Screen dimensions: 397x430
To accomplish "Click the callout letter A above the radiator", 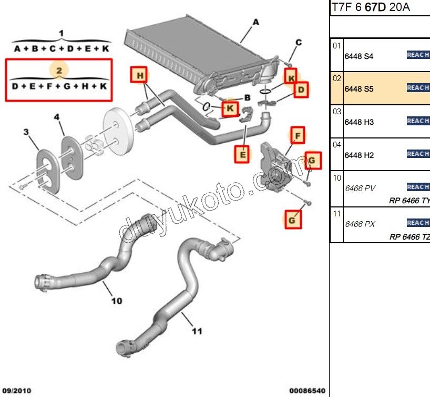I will (256, 22).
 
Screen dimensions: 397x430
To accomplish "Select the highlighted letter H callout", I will (140, 76).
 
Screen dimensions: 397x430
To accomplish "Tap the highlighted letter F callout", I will (298, 136).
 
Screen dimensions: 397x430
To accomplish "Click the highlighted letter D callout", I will (301, 91).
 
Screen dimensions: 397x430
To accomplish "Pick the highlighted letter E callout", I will (242, 155).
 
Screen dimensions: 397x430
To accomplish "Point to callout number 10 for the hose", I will (117, 301).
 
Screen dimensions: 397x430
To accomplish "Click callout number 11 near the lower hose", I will (197, 331).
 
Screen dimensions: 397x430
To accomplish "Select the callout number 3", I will (26, 132).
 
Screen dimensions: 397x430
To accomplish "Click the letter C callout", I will (298, 43).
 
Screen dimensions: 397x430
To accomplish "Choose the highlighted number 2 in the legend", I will (59, 70).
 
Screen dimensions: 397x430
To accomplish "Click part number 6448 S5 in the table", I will (359, 89).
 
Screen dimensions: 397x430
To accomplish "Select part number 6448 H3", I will (359, 122).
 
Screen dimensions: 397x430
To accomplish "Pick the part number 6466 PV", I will (360, 188).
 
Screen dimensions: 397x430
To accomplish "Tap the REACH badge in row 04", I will (418, 154).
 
